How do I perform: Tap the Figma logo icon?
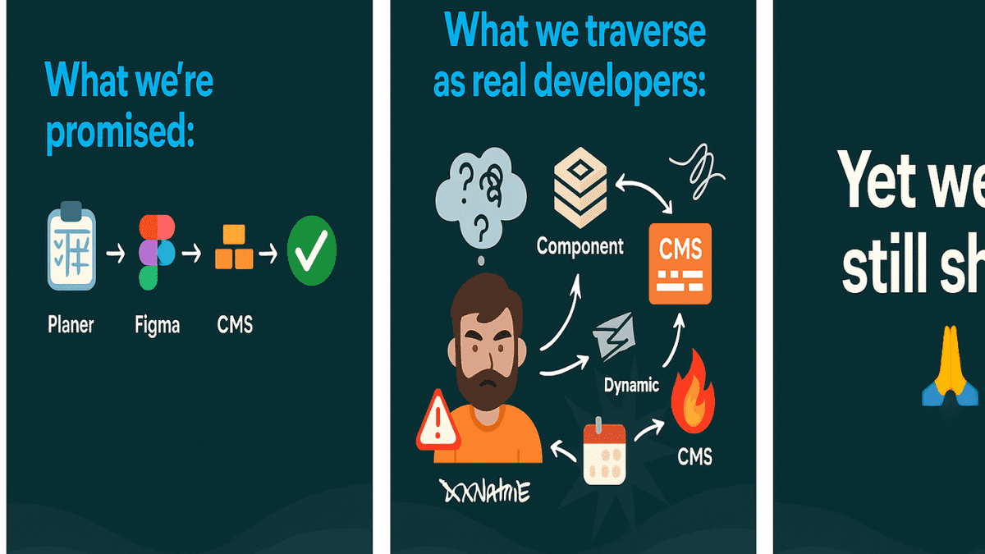point(157,252)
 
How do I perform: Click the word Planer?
point(71,324)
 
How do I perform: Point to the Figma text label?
point(157,325)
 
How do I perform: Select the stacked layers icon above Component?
point(580,190)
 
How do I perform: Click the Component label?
point(580,245)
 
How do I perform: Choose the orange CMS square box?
point(680,263)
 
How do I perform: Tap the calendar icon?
point(604,453)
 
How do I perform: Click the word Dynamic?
point(631,384)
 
